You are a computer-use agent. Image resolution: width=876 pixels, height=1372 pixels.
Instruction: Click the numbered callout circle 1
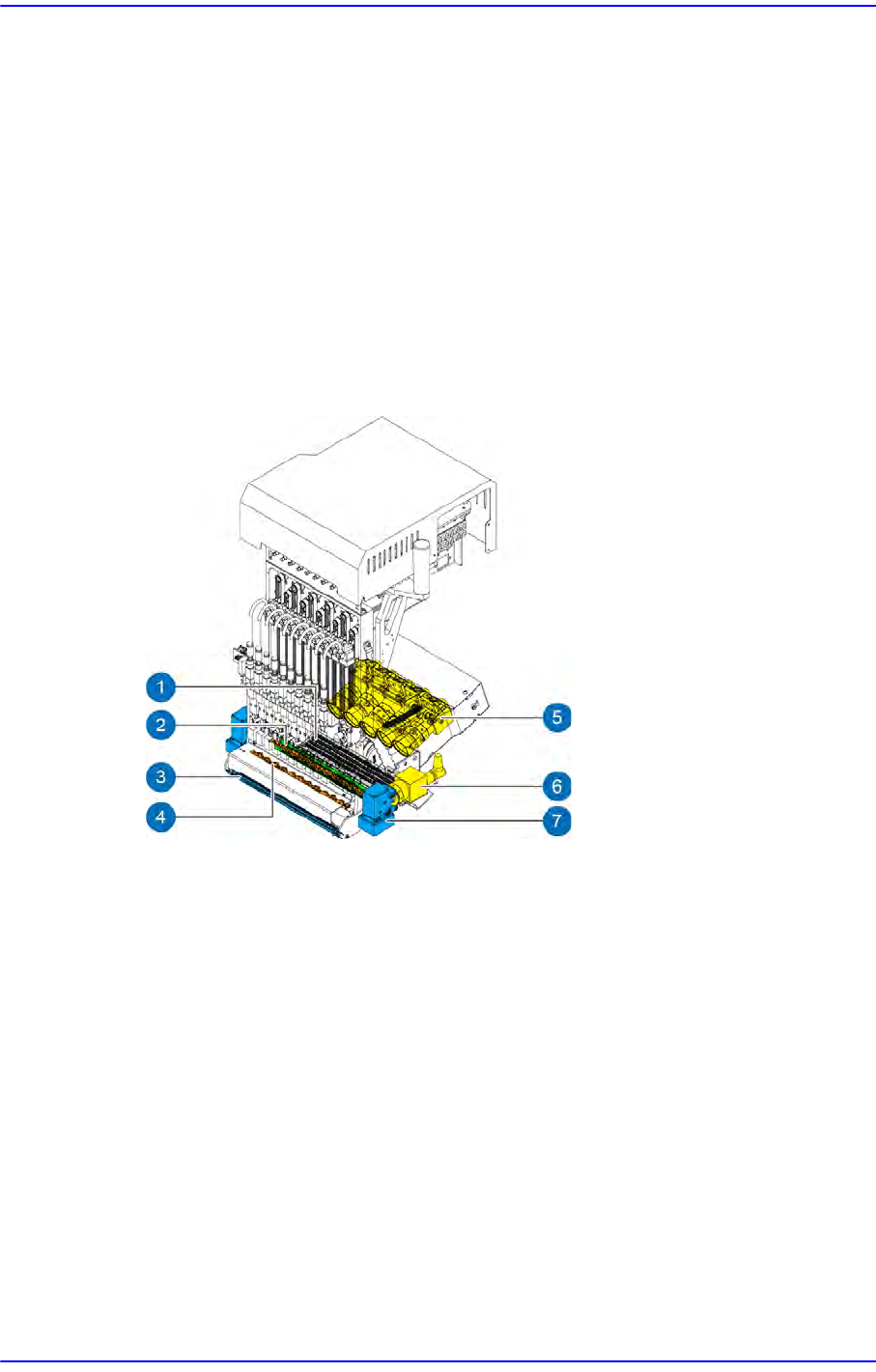tap(160, 686)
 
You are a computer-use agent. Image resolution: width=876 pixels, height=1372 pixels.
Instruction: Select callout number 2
tap(160, 725)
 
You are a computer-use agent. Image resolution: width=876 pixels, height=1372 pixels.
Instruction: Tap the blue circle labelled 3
tap(160, 777)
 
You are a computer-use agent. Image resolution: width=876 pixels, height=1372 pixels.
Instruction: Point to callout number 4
tap(160, 817)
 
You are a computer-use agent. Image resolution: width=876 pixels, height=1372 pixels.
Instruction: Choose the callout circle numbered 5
tap(556, 716)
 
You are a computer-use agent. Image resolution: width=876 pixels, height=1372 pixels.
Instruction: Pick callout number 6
tap(556, 786)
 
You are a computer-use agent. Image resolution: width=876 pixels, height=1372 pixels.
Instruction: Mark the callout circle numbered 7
tap(556, 820)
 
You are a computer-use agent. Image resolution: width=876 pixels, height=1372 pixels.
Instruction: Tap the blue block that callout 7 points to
tap(378, 812)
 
